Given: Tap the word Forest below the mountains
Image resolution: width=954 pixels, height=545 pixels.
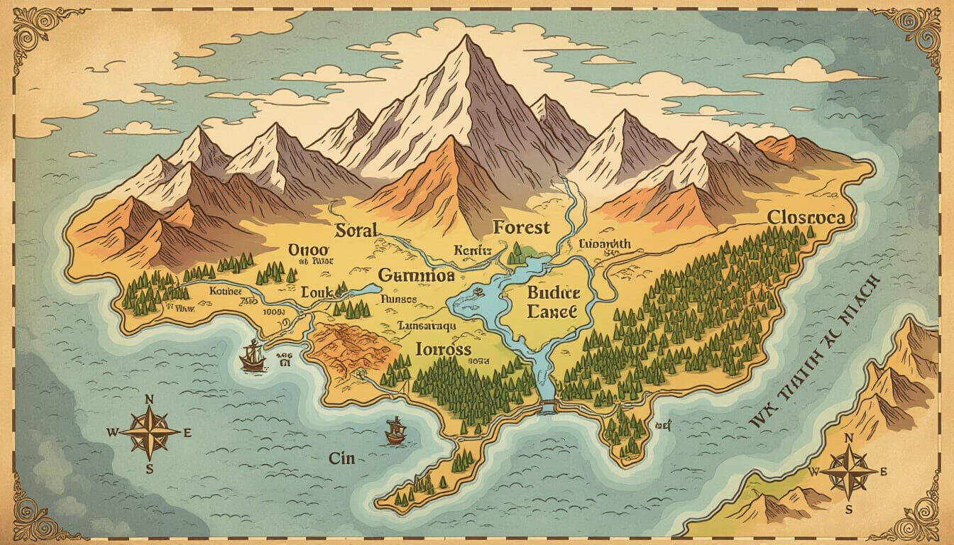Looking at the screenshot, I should point(521,228).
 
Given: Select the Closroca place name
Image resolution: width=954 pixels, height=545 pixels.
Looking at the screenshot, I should point(806,217).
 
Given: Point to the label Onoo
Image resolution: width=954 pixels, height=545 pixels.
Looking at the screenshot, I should point(309,250).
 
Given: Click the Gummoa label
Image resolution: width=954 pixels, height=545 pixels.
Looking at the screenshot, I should point(415,275).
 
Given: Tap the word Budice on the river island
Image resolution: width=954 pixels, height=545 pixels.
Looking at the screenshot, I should point(554,292).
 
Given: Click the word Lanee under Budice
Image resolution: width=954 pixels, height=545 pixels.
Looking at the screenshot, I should point(553,312).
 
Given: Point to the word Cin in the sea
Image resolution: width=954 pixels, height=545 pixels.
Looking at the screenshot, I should point(341,458).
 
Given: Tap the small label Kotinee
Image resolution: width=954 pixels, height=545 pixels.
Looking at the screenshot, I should point(226,291).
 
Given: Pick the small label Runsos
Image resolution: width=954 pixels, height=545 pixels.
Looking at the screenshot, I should point(398,299).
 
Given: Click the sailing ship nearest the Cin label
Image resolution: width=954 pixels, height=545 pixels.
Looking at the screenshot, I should point(395,431).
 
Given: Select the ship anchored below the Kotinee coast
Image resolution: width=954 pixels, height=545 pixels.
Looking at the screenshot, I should point(252,356).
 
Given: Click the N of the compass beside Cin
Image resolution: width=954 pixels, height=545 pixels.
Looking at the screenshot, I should point(149,400).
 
